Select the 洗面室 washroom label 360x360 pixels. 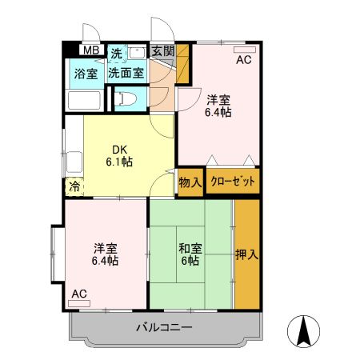(x=126, y=71)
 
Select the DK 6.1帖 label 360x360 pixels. (x=121, y=155)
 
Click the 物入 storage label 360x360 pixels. (x=190, y=183)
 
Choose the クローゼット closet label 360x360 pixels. (x=233, y=182)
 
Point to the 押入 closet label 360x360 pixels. (x=247, y=256)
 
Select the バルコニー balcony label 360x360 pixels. (x=163, y=327)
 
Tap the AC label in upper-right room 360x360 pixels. (x=243, y=59)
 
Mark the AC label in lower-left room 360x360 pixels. (x=78, y=294)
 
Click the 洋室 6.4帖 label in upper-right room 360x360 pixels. (x=219, y=106)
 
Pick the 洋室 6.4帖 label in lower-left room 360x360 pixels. (x=105, y=254)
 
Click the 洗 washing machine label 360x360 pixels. (x=116, y=54)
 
